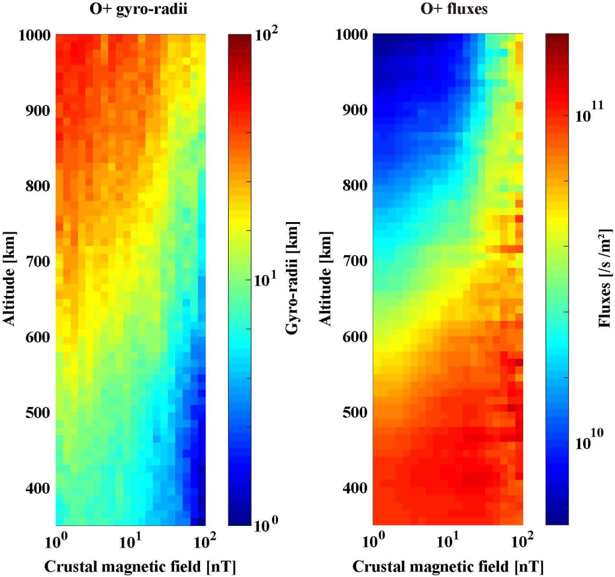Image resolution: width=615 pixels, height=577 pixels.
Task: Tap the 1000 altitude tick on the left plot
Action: point(33,35)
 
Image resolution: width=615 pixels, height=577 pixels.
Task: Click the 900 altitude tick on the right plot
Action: point(354,110)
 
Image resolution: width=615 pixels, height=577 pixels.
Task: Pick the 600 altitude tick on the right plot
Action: point(354,337)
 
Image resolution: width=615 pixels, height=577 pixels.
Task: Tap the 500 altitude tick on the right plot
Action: point(354,412)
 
